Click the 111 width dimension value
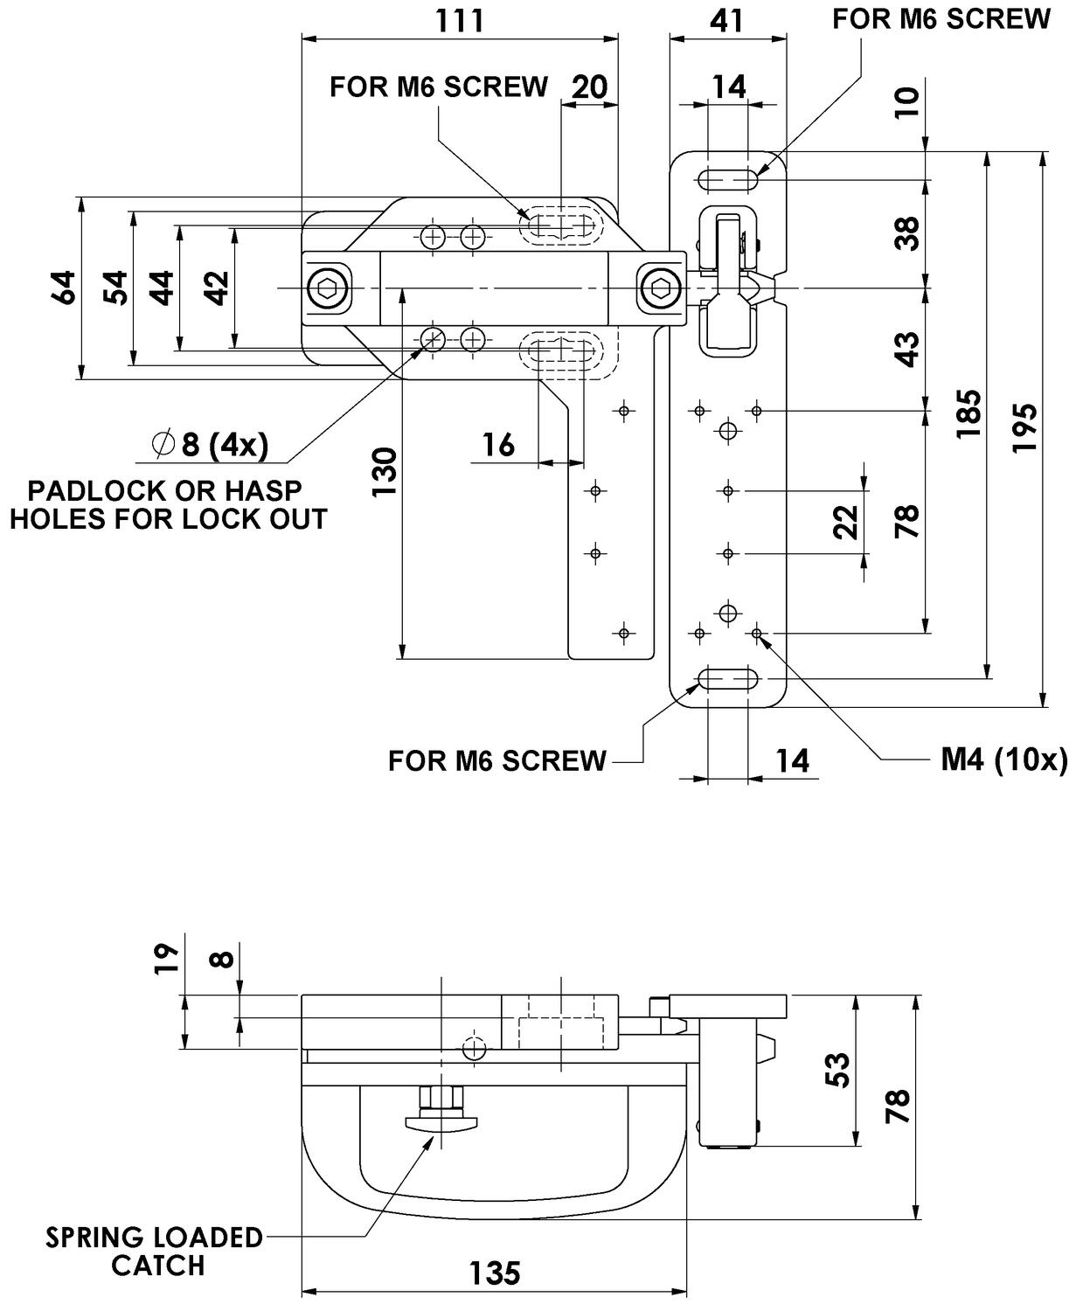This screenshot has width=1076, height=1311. point(460,20)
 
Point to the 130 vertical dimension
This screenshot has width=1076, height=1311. point(385,472)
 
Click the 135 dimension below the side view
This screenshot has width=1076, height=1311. point(495,1273)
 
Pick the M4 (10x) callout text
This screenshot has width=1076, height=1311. point(1003,760)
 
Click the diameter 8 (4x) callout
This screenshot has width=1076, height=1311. point(210,445)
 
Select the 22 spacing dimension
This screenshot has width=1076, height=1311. point(845,523)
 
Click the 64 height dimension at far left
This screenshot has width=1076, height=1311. point(63,288)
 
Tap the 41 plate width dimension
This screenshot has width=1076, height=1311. point(727,20)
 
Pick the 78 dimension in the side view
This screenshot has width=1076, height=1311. point(897,1106)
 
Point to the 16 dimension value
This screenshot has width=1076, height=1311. point(498,445)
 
